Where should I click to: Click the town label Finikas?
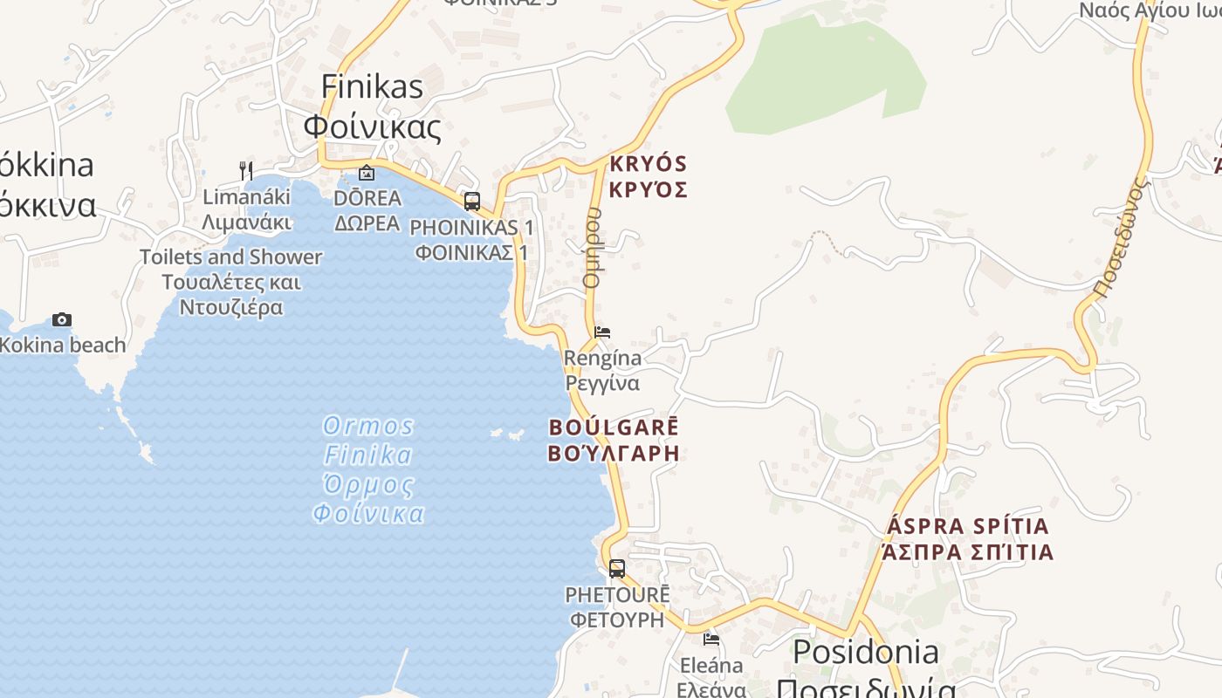click(x=372, y=86)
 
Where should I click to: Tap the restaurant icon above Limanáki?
click(x=246, y=170)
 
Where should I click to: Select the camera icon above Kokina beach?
click(x=62, y=320)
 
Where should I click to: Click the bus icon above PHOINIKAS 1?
click(x=472, y=202)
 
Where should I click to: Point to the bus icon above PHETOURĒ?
click(x=617, y=569)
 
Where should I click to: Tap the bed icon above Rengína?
click(x=602, y=332)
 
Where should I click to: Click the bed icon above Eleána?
click(x=711, y=640)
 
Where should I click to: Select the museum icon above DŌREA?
click(x=367, y=173)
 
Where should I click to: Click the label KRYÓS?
click(x=649, y=164)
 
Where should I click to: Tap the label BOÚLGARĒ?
click(x=614, y=428)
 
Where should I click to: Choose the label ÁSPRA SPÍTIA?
click(x=968, y=527)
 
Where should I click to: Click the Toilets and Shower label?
click(x=231, y=257)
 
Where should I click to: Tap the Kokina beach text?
click(x=63, y=346)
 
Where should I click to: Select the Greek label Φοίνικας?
click(x=372, y=127)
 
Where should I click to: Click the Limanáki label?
click(x=246, y=197)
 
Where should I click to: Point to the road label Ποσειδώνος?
click(x=1119, y=240)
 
